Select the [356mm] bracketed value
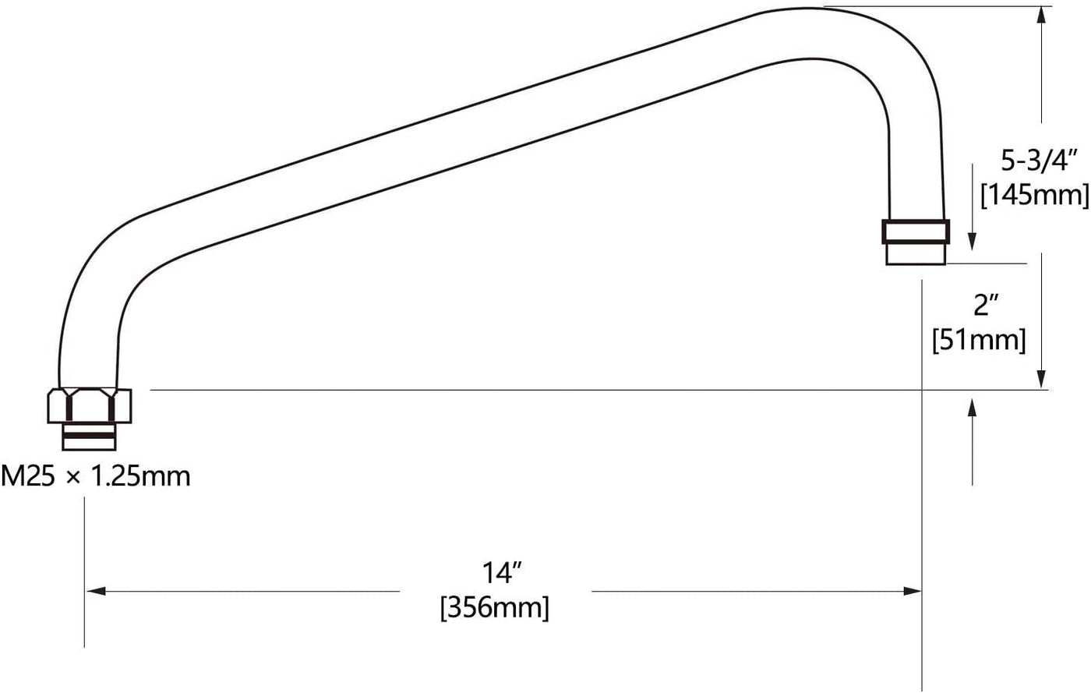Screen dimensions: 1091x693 click(494, 608)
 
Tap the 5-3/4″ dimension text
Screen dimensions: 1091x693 click(1037, 160)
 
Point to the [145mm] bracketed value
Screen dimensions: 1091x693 click(1035, 196)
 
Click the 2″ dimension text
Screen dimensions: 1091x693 click(986, 305)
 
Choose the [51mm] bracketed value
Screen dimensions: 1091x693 click(979, 340)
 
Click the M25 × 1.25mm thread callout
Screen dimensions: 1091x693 click(95, 476)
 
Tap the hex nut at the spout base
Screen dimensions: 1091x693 click(90, 405)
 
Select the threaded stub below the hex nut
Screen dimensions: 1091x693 click(89, 437)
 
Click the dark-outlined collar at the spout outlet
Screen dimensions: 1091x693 click(916, 232)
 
